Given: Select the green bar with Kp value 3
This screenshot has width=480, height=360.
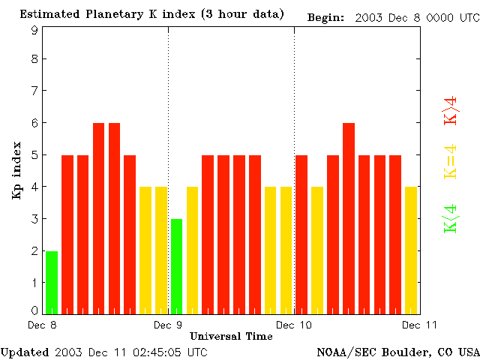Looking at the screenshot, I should [176, 266].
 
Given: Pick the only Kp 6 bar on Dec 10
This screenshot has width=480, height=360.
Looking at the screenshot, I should [348, 217].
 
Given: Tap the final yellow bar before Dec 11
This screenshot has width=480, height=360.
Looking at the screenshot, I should [411, 250].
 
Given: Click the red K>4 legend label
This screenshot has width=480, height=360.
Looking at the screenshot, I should [451, 112].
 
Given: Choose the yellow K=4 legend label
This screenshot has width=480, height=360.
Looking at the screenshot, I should [451, 163].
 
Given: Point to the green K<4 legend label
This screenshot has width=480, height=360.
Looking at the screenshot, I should [451, 217].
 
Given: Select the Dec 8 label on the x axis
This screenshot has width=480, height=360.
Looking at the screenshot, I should [42, 325].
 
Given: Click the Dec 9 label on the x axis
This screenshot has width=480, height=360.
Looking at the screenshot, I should [168, 325].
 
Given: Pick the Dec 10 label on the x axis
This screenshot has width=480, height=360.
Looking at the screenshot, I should [294, 325].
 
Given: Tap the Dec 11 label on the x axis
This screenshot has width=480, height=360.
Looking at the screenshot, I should [420, 325].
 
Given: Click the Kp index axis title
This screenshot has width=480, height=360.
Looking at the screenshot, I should [16, 173].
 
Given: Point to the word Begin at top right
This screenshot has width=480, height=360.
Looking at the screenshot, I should [326, 16].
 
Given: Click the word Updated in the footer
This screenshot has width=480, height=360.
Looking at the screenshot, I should [25, 352].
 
